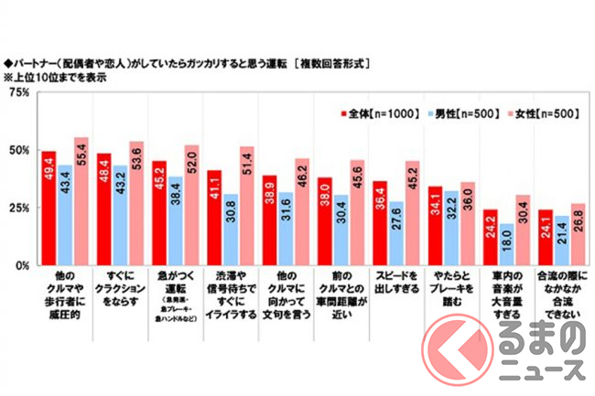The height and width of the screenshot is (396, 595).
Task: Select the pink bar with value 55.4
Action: [81, 202]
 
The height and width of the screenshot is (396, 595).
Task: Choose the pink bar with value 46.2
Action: [300, 212]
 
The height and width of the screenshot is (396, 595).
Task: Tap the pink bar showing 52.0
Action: [190, 206]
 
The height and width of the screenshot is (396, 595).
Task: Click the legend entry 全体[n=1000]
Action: [371, 112]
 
